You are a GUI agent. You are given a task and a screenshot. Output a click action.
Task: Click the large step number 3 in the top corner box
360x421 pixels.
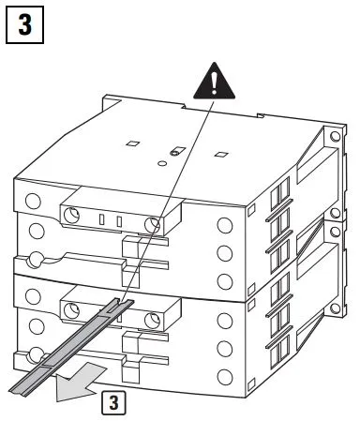click(x=25, y=24)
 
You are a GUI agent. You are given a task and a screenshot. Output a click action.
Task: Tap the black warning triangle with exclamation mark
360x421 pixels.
click(x=214, y=82)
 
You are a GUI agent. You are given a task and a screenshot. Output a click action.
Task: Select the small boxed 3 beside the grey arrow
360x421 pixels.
click(x=113, y=403)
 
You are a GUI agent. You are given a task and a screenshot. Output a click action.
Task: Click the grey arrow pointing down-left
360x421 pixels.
click(x=80, y=382)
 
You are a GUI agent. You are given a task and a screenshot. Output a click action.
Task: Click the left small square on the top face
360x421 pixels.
click(x=133, y=143)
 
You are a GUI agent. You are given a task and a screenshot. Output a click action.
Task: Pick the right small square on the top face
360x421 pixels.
click(x=221, y=154)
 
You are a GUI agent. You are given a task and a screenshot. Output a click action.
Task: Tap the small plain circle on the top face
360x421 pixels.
click(x=162, y=163)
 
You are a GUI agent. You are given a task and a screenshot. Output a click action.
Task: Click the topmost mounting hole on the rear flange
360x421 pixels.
click(x=336, y=137)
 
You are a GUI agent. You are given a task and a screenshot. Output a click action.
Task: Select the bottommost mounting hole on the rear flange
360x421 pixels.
click(x=335, y=308)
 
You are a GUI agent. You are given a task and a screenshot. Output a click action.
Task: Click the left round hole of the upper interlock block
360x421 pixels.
click(x=71, y=216)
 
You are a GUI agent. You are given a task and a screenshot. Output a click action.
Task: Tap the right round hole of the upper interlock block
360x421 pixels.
click(x=153, y=225)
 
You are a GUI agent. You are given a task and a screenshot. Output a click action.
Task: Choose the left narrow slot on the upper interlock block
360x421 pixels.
click(x=101, y=219)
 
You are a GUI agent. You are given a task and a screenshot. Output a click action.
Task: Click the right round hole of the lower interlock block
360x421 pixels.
click(x=153, y=321)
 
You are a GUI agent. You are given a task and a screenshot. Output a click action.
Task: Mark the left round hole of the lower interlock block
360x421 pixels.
click(x=71, y=311)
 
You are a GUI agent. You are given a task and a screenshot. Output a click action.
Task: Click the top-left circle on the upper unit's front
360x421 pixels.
click(x=33, y=201)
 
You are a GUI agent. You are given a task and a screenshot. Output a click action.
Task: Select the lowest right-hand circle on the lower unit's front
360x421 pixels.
click(x=225, y=377)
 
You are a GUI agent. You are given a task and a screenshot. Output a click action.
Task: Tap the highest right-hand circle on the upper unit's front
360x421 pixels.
click(x=225, y=225)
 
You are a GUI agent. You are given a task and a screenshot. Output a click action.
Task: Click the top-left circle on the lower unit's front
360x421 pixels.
click(x=33, y=296)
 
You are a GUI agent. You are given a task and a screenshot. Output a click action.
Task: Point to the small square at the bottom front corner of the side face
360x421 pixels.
click(x=251, y=384)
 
